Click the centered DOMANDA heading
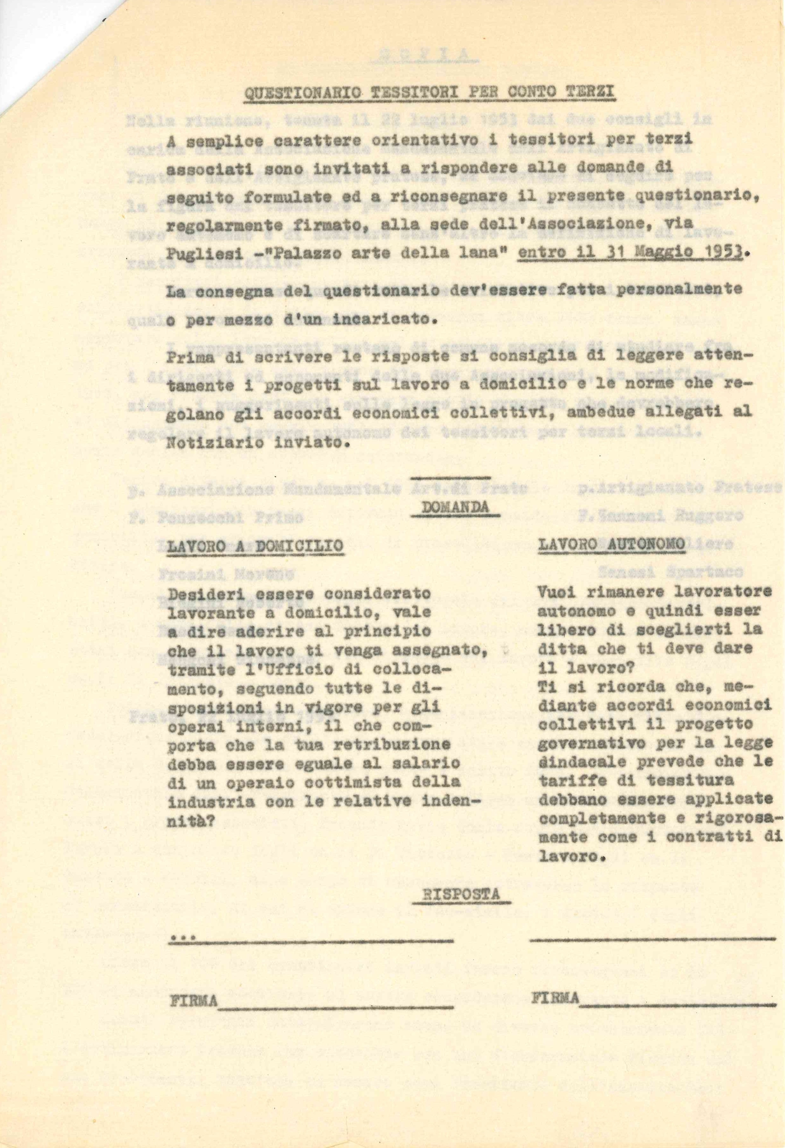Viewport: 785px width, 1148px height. [455, 507]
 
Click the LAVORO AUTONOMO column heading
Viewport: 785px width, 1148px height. [611, 544]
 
